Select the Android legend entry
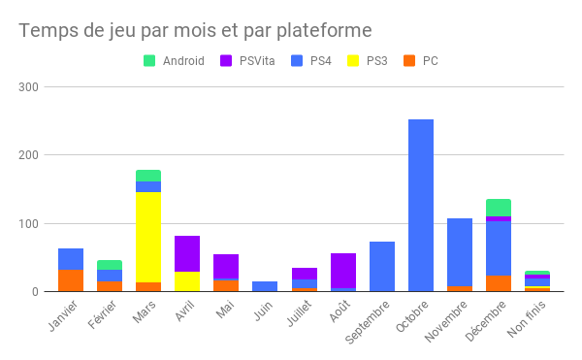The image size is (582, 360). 175,61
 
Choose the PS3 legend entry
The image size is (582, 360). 368,61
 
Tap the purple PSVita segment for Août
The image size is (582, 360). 343,271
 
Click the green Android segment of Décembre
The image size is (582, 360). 499,208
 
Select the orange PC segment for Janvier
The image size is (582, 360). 71,280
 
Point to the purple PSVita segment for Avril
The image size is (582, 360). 187,253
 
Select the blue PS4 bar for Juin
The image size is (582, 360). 265,286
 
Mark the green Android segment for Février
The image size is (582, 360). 110,265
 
